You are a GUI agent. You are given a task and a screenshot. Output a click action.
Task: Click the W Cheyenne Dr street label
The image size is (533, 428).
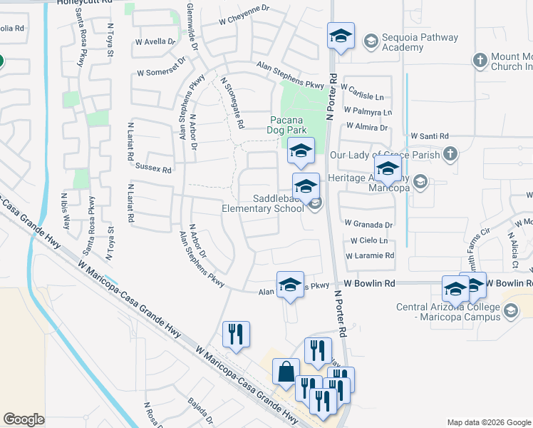coord(244,15)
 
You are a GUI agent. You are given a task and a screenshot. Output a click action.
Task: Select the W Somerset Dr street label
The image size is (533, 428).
coord(161,73)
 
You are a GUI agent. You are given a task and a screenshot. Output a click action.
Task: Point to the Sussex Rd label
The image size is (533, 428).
coord(153,170)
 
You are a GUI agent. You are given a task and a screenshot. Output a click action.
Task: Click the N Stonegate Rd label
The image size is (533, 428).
coord(233,103)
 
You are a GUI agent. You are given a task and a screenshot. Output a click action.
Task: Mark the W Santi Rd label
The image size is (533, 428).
coord(430,136)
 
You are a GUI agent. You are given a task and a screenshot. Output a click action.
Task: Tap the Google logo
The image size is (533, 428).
coord(24,419)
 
